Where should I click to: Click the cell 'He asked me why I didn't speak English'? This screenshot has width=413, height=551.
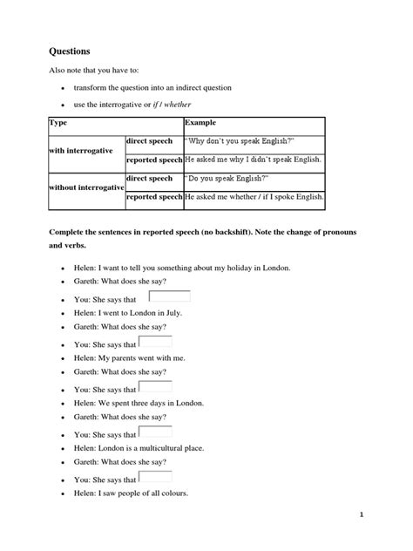coord(253,160)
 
